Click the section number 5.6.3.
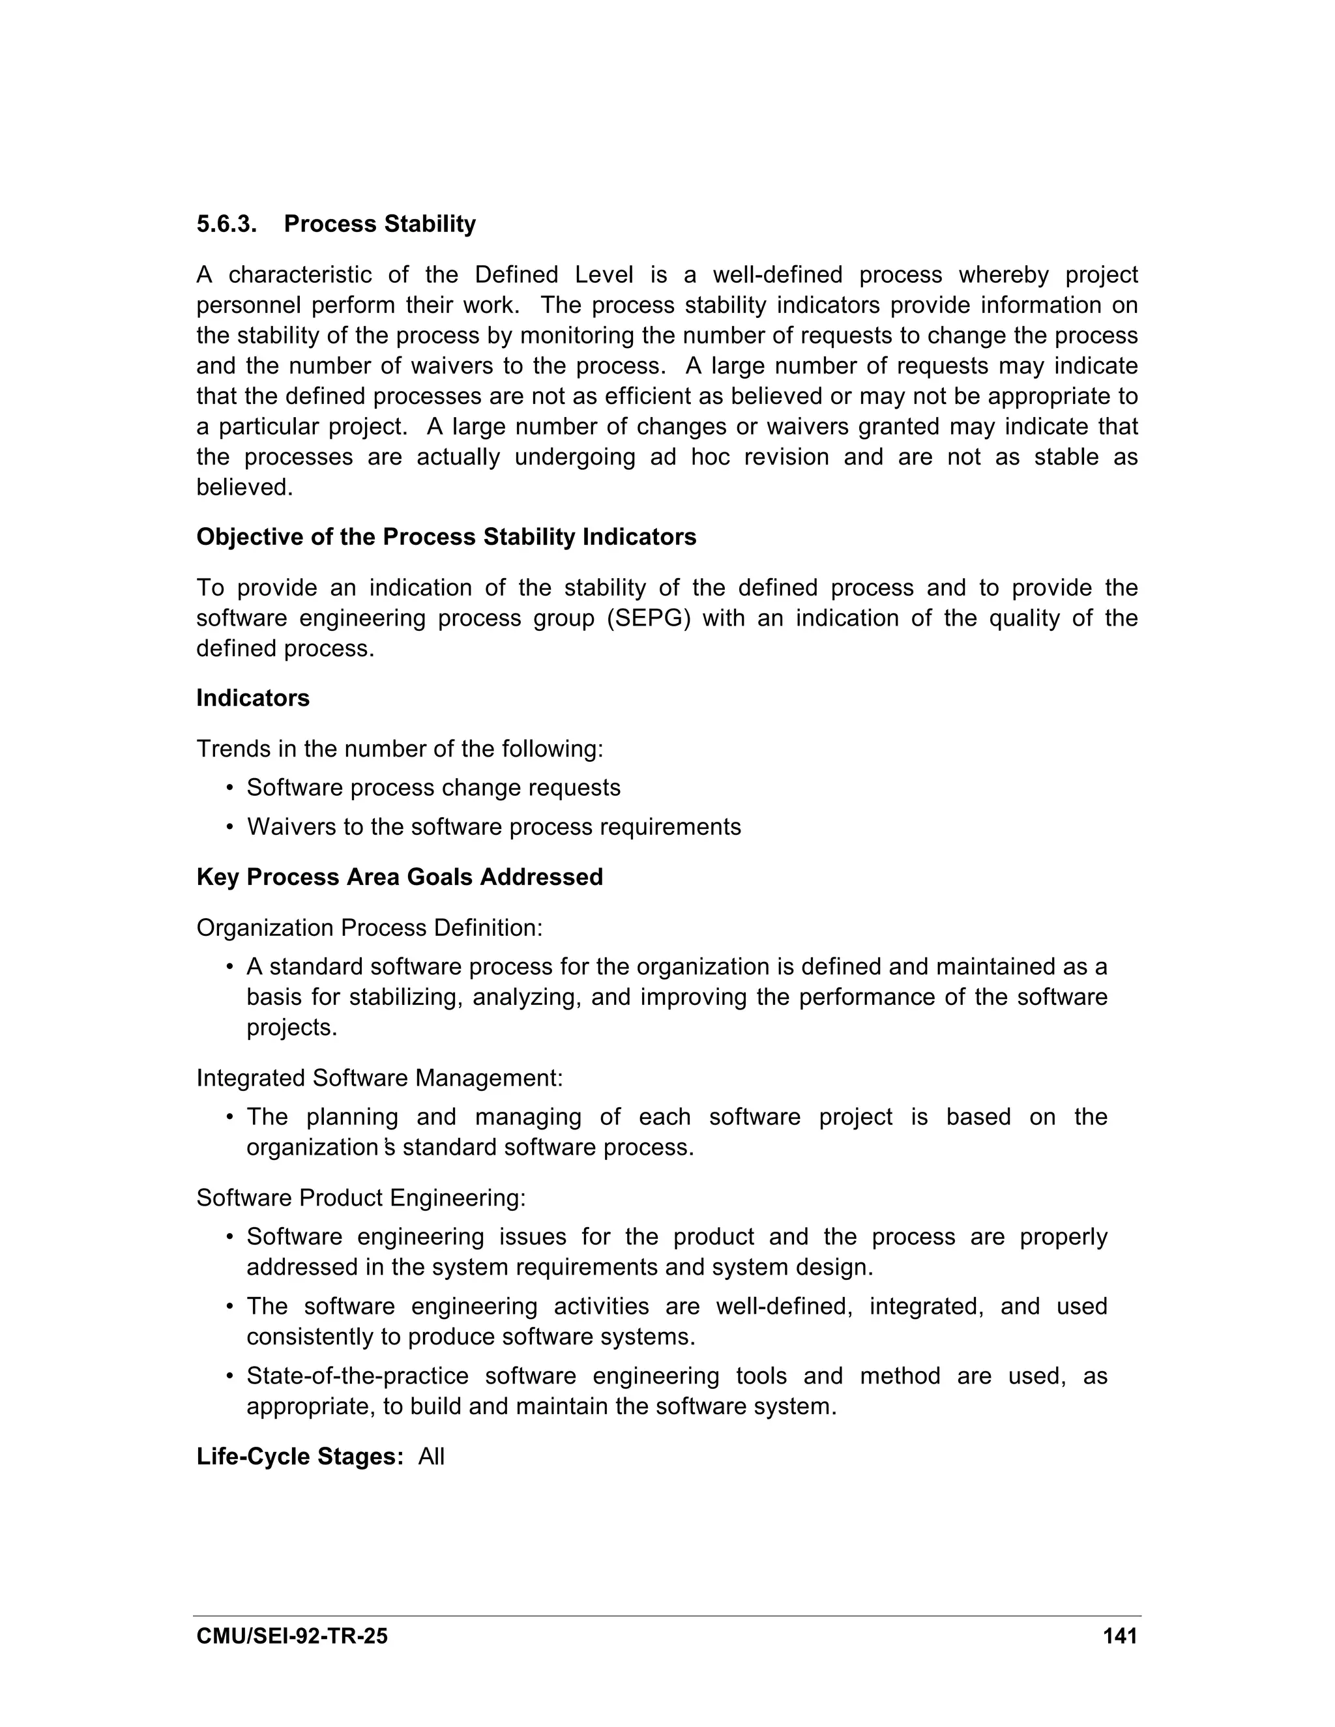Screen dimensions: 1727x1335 226,225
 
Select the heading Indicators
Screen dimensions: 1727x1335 252,698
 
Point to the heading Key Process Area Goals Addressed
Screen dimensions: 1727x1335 400,877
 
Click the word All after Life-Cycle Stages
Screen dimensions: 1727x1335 431,1457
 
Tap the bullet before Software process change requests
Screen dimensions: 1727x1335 229,789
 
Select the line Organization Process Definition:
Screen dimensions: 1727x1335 370,927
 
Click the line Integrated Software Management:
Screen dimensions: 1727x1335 379,1078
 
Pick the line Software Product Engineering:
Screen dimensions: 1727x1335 360,1198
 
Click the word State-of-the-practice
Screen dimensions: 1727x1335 357,1376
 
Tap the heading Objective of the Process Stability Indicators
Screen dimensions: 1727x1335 446,537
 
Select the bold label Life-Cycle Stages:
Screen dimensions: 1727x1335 301,1457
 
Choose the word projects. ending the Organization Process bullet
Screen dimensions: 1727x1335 292,1027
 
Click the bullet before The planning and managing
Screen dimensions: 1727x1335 229,1117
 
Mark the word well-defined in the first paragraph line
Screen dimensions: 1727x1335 776,274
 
